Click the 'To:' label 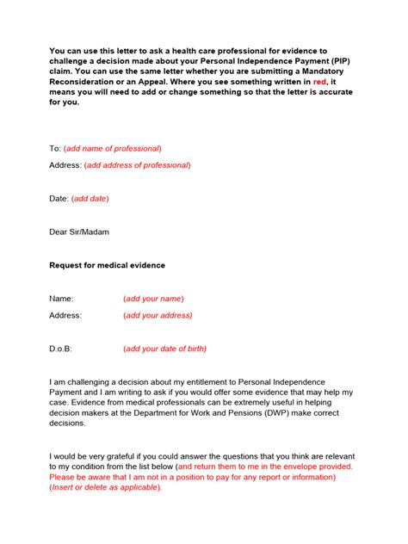pos(56,149)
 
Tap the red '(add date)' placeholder pos(90,199)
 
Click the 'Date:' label pos(59,199)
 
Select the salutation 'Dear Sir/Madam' pos(79,232)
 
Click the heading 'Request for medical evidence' pos(108,265)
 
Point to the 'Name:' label pos(62,299)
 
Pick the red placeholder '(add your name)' pos(153,299)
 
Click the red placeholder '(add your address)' pos(158,315)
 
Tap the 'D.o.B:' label pos(62,349)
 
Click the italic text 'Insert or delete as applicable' pos(106,487)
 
